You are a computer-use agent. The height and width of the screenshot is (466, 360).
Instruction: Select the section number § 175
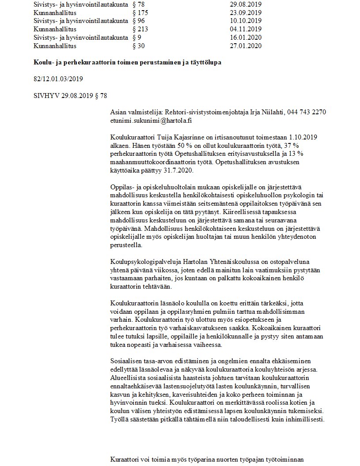click(x=140, y=13)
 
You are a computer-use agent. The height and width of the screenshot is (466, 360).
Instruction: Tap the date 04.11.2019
click(x=246, y=29)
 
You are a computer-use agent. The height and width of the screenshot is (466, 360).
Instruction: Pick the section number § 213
click(x=140, y=29)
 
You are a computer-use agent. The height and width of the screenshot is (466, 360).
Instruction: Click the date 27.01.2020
click(x=246, y=45)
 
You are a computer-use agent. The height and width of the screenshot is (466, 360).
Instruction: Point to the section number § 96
click(x=138, y=21)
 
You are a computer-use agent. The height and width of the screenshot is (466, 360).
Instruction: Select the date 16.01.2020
click(x=246, y=37)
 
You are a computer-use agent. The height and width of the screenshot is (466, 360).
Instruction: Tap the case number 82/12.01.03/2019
click(x=58, y=79)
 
